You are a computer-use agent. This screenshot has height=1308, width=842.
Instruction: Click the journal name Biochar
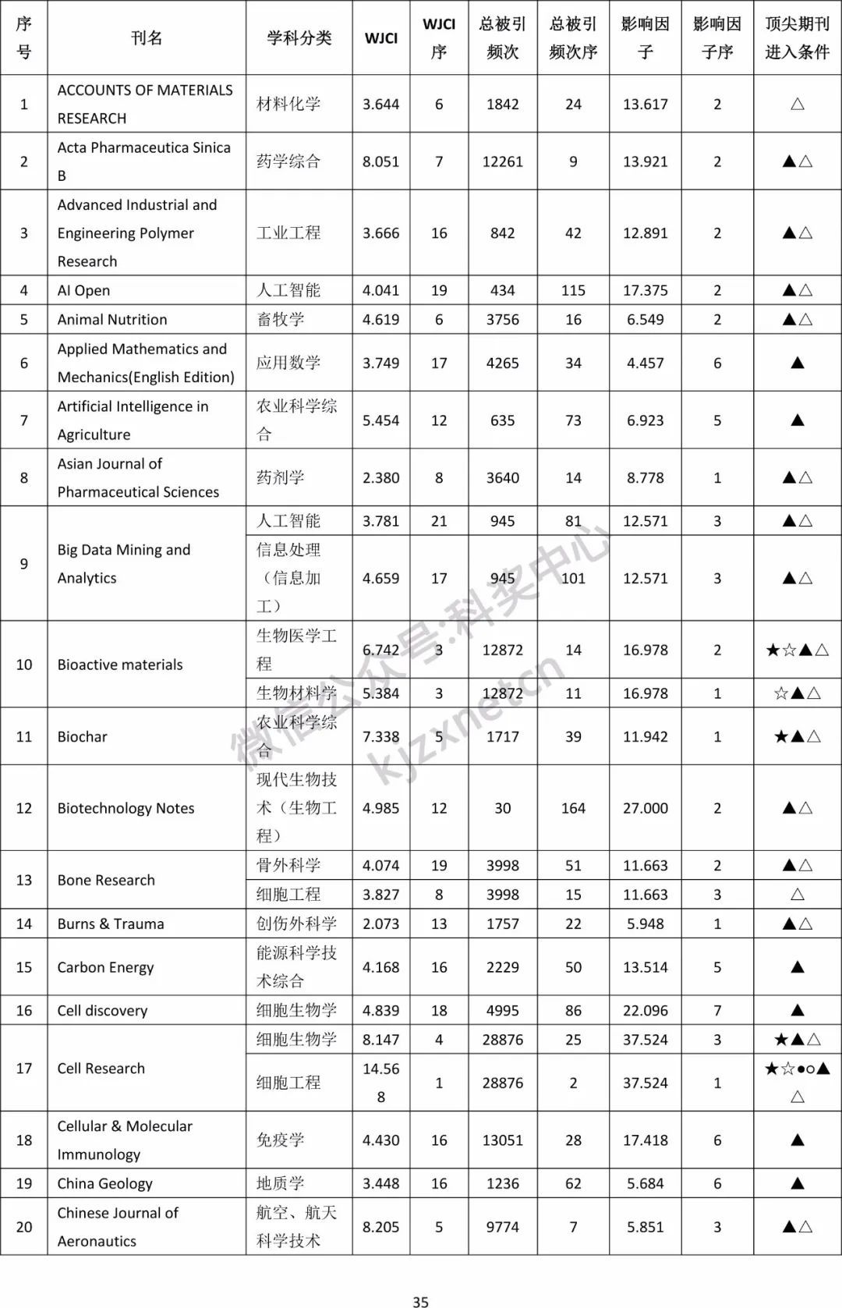[82, 736]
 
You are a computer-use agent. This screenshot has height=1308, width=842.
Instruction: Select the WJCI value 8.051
[380, 161]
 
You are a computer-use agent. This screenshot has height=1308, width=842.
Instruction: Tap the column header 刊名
[147, 37]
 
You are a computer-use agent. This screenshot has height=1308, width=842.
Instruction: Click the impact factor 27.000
[645, 808]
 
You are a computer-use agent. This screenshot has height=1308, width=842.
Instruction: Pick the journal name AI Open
[83, 290]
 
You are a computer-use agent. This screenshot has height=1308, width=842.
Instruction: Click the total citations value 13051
[502, 1140]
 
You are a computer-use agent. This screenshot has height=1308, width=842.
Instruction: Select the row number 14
[24, 923]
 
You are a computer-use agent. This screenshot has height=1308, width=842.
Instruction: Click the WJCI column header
[380, 37]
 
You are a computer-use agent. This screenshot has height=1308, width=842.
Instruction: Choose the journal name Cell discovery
[102, 1010]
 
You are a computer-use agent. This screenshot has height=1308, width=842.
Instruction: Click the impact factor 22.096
[645, 1010]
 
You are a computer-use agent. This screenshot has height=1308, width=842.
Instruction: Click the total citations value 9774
[502, 1227]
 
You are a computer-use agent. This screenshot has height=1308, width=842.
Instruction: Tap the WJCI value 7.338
[380, 736]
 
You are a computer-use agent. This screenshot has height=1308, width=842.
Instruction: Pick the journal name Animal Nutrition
[112, 319]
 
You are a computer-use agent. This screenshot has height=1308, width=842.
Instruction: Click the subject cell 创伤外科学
[296, 923]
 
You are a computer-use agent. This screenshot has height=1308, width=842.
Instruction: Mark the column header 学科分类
[299, 37]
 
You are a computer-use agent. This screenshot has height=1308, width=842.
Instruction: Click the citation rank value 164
[573, 808]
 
